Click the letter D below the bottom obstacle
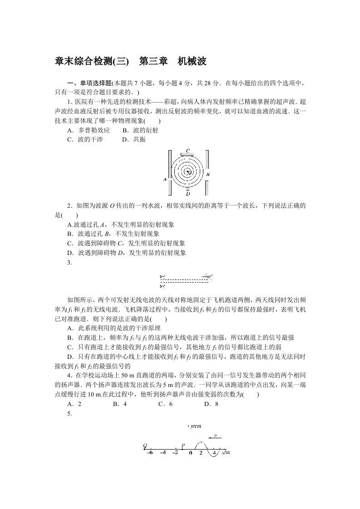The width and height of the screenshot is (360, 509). point(187,194)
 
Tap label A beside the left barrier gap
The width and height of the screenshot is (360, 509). point(165,180)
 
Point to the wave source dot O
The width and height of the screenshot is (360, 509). point(187,171)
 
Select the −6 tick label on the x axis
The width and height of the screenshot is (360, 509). point(150,452)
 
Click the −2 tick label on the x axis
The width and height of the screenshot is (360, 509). point(175,452)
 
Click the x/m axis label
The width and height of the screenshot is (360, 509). point(226,452)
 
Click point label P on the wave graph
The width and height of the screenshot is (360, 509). point(183,445)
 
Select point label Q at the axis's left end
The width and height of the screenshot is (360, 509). point(145,445)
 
